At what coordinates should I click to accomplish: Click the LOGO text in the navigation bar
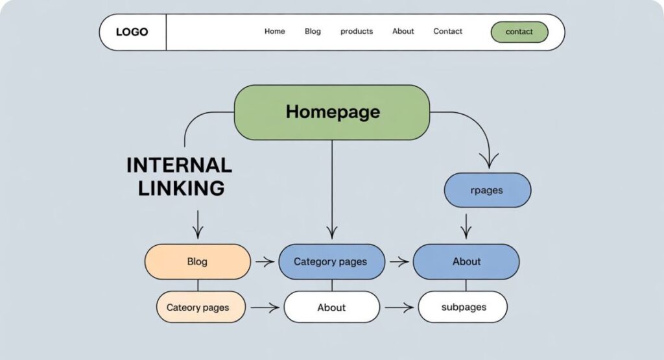pos(132,32)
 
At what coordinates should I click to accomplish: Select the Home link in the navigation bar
pos(274,31)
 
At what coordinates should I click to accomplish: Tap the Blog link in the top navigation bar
pos(313,31)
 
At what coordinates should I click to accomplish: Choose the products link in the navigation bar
pos(357,31)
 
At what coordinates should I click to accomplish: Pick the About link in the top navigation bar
pos(403,31)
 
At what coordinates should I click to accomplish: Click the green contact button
pos(519,32)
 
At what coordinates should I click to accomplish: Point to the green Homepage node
pos(332,112)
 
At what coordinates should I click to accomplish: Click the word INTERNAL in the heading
pos(179,165)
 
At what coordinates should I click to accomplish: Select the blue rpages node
pos(487,191)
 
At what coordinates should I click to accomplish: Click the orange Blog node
pos(197,261)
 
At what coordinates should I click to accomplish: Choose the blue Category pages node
pos(331,261)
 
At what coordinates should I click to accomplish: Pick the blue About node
pos(466,261)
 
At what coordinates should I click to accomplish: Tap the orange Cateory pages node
pos(197,307)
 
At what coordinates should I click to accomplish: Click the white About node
pos(331,307)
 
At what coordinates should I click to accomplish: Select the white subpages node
pos(463,307)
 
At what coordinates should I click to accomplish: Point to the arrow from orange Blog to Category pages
pos(265,262)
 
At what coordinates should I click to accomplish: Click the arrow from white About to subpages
pos(399,307)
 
